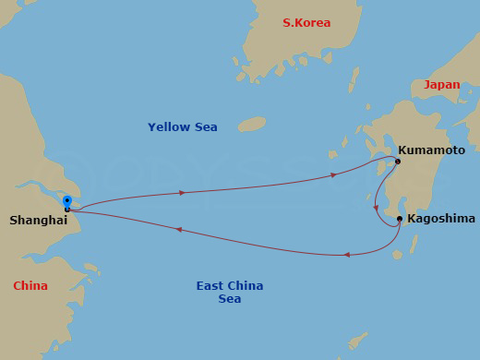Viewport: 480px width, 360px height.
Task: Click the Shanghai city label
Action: [38, 220]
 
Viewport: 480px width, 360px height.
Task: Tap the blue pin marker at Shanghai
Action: [66, 201]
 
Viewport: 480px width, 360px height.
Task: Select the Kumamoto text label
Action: [431, 149]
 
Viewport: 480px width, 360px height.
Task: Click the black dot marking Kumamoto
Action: [398, 162]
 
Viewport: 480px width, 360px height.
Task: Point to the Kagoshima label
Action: [441, 219]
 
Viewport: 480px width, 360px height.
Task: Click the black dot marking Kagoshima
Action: [399, 219]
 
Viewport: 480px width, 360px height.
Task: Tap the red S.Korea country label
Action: [306, 23]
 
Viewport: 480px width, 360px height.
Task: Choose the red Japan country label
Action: [441, 84]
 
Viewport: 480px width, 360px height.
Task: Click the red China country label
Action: [30, 286]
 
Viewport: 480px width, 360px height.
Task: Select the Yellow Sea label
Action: [183, 126]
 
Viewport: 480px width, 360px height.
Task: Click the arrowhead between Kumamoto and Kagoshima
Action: [376, 208]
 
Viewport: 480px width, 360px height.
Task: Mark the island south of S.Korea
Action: [251, 124]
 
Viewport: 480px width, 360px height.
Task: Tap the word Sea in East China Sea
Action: [230, 299]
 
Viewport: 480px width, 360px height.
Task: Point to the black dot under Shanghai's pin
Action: [67, 210]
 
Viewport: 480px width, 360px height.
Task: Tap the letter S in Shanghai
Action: [14, 220]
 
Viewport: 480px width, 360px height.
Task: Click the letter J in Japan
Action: [427, 84]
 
